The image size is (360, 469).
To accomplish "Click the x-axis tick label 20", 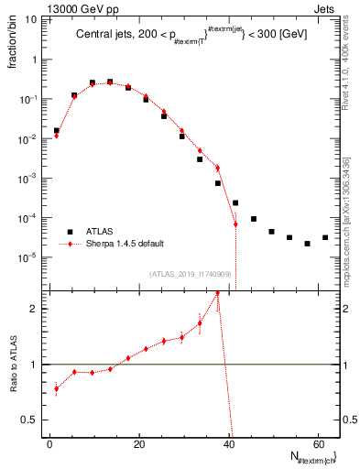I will point(139,444).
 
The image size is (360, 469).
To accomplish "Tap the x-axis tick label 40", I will point(229,444).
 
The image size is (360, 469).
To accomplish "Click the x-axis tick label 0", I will point(50,444).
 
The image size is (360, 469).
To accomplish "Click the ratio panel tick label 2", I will point(38,309).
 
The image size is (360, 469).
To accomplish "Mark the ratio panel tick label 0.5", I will point(34,420).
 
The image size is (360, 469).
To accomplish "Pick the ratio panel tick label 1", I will point(38,365).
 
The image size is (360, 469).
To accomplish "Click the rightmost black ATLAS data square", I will point(325,238).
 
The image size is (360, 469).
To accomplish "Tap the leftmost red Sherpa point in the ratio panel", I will point(57,389).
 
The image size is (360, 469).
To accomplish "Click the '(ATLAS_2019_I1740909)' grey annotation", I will point(190,274).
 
